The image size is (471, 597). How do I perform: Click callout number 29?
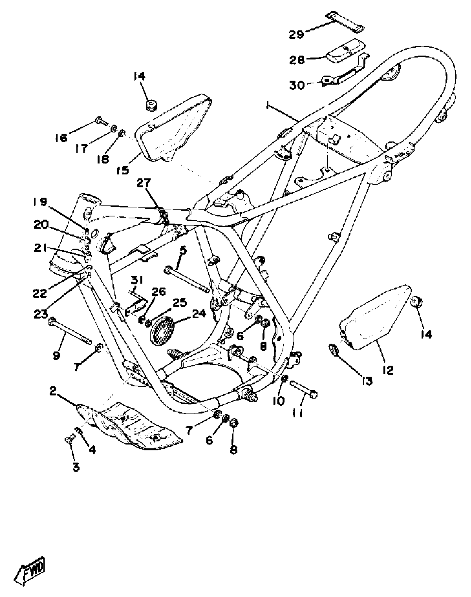(296, 35)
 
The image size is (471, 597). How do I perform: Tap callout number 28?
(297, 60)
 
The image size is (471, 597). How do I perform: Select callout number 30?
(297, 85)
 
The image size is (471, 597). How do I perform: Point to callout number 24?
(199, 314)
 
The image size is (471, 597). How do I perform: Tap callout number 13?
(367, 381)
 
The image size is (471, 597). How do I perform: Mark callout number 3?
(76, 467)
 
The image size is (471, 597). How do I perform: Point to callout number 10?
(279, 400)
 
